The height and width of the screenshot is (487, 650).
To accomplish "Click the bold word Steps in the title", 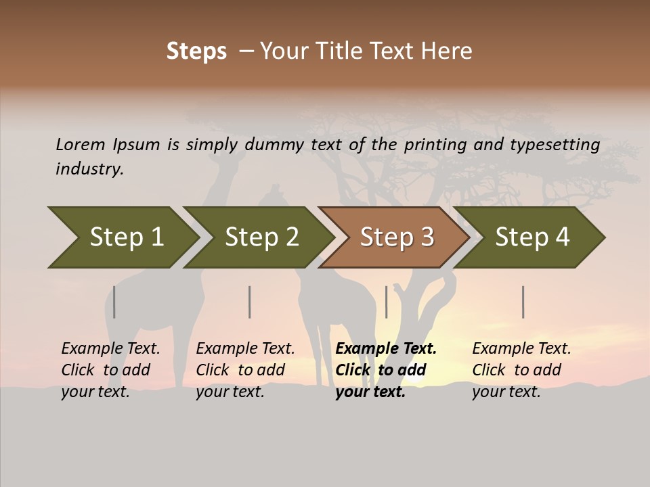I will point(196,51).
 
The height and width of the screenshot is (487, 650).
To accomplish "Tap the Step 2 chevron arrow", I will point(261,237).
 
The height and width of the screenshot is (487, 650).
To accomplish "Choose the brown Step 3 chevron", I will point(397,237).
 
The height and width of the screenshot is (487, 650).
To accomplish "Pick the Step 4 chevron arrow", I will point(532,237).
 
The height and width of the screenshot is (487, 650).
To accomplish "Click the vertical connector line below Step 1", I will point(114,302).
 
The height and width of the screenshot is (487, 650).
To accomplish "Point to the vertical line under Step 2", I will point(250,302).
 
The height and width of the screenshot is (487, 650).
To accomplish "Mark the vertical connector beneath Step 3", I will point(387,302).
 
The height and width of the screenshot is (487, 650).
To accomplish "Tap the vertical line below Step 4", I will point(523,302).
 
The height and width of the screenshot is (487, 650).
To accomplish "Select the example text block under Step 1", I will point(110,370).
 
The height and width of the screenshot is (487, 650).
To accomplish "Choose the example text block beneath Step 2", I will point(245,370).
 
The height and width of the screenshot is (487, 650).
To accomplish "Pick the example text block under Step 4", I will point(521,370).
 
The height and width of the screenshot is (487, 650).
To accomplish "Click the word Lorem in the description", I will point(81,144).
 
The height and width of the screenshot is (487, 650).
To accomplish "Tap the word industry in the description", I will point(89,169).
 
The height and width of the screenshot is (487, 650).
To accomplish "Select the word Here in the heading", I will point(450,51).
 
